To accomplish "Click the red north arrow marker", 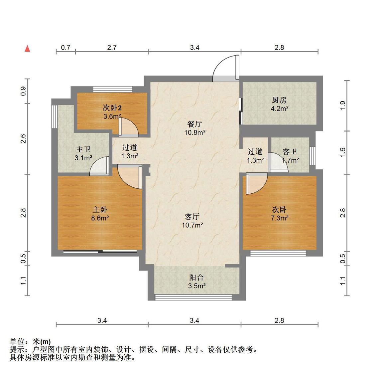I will pyautogui.click(x=28, y=49).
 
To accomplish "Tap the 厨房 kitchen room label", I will pyautogui.click(x=279, y=100).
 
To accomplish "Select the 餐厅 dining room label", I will pyautogui.click(x=194, y=124).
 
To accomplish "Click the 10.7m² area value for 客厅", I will pyautogui.click(x=192, y=225).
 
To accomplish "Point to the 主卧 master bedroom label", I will pyautogui.click(x=100, y=210).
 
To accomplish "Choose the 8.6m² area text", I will pyautogui.click(x=100, y=218).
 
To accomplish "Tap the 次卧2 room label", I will pyautogui.click(x=112, y=108).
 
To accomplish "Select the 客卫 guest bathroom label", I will pyautogui.click(x=290, y=152).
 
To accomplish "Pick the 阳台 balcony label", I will pyautogui.click(x=196, y=278).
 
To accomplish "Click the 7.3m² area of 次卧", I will pyautogui.click(x=279, y=218).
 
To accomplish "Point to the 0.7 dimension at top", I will pyautogui.click(x=66, y=48).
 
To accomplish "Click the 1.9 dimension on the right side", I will pyautogui.click(x=343, y=105).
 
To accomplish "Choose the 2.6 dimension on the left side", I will pyautogui.click(x=23, y=139).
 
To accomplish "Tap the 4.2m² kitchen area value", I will pyautogui.click(x=279, y=108).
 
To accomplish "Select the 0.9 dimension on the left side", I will pyautogui.click(x=23, y=91).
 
